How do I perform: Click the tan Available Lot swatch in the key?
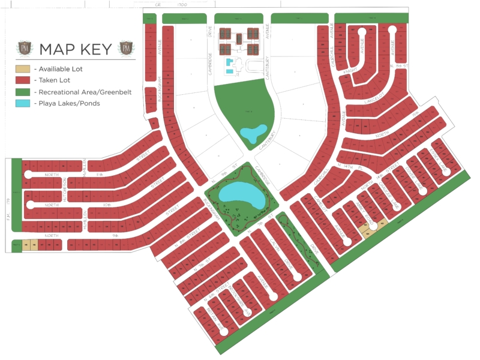coord(23,69)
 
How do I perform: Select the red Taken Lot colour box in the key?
coord(23,80)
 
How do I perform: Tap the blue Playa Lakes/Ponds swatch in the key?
coord(23,103)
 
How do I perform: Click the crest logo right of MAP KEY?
coord(126,49)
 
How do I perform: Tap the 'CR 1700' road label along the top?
coord(170,4)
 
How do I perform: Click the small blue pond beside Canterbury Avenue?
coord(253,131)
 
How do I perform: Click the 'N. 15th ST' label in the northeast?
coord(399,66)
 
